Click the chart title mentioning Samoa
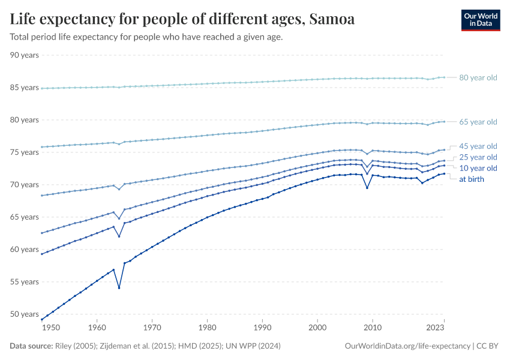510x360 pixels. (182, 19)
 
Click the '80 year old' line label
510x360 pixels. (478, 77)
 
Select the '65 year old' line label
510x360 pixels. (478, 122)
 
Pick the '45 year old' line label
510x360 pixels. (478, 146)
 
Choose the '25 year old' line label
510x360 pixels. (478, 157)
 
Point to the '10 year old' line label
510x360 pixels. (478, 168)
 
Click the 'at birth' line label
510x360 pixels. (471, 179)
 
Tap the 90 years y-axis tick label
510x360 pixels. (25, 55)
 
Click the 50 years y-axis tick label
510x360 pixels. (25, 314)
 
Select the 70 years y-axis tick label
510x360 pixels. (25, 185)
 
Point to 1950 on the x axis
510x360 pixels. (51, 328)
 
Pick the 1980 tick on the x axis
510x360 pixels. (207, 328)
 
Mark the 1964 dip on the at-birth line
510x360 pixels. (119, 288)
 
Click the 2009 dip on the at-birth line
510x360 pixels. (367, 188)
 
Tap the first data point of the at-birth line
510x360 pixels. (41, 319)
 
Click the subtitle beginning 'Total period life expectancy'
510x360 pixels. (146, 37)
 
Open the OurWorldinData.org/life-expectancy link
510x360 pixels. (408, 346)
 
